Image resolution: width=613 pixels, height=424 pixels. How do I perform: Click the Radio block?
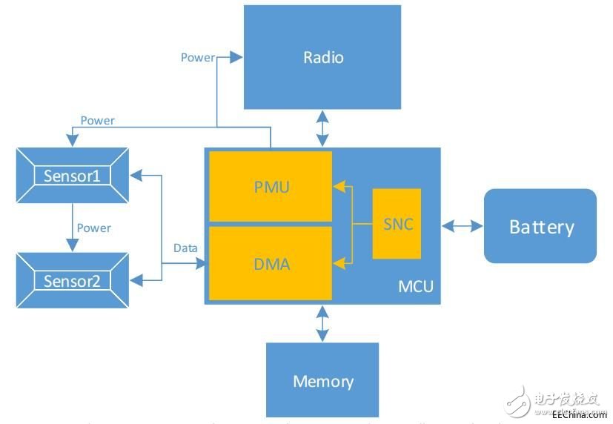tap(322, 57)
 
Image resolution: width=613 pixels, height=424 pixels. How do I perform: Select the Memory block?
tap(322, 381)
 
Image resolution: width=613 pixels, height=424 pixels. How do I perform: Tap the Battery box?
tap(540, 226)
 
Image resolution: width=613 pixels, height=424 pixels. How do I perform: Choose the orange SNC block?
tap(397, 224)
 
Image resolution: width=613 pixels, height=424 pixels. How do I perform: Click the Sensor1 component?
tap(72, 176)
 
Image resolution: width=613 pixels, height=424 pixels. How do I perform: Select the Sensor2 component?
tap(72, 281)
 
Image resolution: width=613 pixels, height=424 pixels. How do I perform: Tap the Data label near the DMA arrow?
tap(185, 248)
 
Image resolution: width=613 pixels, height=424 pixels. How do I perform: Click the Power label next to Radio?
tap(197, 57)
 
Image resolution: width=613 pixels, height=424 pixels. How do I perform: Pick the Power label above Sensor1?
tap(97, 120)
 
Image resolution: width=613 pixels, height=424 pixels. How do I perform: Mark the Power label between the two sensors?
tap(93, 228)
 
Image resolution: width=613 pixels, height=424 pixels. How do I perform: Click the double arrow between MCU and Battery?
tap(463, 225)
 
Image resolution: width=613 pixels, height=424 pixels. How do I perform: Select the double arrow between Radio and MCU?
tap(322, 128)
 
